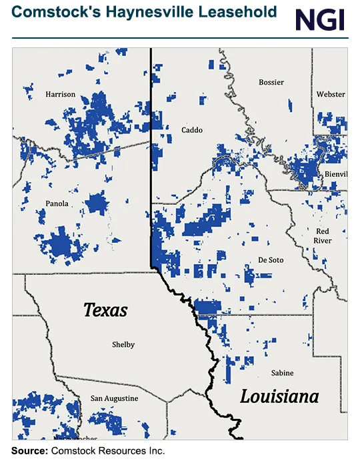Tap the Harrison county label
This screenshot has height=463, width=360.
pyautogui.click(x=60, y=95)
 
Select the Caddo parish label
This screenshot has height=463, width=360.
pyautogui.click(x=192, y=130)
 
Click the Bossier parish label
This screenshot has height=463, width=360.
pyautogui.click(x=271, y=82)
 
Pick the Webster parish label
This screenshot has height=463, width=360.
pyautogui.click(x=331, y=95)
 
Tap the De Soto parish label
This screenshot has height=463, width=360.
pyautogui.click(x=270, y=260)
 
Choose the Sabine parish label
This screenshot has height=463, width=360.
pyautogui.click(x=282, y=372)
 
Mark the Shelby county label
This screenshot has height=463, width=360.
pyautogui.click(x=123, y=344)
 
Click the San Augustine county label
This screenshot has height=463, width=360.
pyautogui.click(x=115, y=398)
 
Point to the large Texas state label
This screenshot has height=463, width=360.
pyautogui.click(x=105, y=310)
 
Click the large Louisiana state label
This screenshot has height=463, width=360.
pyautogui.click(x=279, y=397)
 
